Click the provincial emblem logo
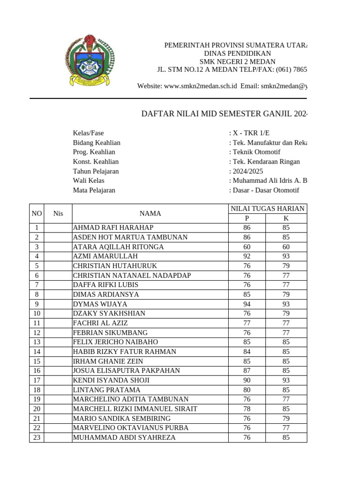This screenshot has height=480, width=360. (x=89, y=60)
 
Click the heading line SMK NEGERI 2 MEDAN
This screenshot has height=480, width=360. (x=237, y=62)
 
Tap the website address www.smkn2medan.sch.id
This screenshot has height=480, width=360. (x=200, y=86)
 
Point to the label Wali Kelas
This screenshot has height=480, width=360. (x=89, y=180)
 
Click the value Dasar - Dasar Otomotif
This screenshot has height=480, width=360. (x=264, y=190)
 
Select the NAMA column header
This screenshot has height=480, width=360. (x=150, y=214)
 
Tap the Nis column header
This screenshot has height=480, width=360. (x=58, y=214)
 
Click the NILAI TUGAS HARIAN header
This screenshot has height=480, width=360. (x=268, y=209)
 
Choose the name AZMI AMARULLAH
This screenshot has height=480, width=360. (x=105, y=256)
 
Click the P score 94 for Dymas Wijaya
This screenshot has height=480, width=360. (x=247, y=304)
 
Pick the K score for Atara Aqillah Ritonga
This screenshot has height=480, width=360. (x=286, y=247)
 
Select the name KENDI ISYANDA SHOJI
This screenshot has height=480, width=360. (x=111, y=380)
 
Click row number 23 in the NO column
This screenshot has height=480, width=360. (x=37, y=437)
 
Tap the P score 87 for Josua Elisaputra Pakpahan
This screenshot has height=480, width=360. (x=247, y=371)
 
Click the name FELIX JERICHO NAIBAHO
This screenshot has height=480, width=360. (x=115, y=342)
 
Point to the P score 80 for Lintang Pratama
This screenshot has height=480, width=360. (x=247, y=390)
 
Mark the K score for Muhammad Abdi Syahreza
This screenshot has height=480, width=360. (x=286, y=437)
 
